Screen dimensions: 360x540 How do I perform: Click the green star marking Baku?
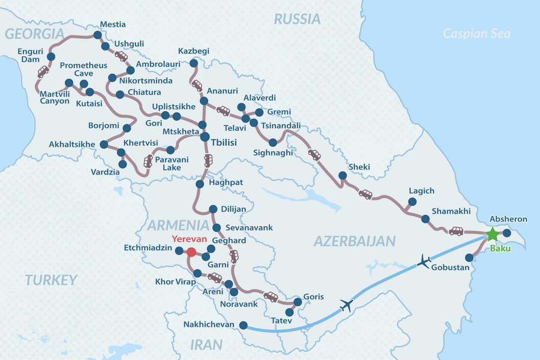[x=492, y=234]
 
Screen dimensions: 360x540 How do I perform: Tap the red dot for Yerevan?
[x=191, y=252]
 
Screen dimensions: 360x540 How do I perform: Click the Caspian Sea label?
[x=476, y=34]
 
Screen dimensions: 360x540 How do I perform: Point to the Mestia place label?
[x=112, y=25]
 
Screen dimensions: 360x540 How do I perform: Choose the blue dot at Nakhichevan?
[x=243, y=325]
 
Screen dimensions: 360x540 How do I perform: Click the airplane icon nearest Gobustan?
[x=424, y=262]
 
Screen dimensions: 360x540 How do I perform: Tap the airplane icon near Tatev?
[x=346, y=305]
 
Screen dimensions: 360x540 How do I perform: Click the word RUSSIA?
[x=297, y=19]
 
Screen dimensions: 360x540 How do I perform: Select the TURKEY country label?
[x=51, y=280]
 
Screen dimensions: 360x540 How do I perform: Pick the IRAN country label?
[x=206, y=345]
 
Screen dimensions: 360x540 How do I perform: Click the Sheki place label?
[x=359, y=166]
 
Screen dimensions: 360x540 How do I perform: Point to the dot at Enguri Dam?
[x=50, y=57]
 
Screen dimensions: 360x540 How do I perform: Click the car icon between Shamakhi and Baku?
[x=456, y=231]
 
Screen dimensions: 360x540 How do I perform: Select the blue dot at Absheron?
[x=507, y=233]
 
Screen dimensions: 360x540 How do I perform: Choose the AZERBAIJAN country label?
[x=355, y=241]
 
